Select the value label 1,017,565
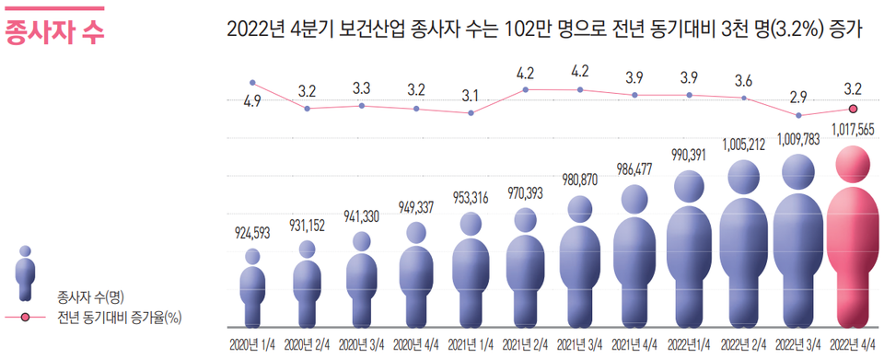tap(853, 129)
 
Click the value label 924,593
tap(251, 232)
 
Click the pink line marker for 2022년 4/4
tap(853, 109)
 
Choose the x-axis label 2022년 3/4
tap(798, 345)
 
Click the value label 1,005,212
tap(744, 145)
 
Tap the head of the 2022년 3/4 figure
tap(798, 169)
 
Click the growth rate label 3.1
tap(471, 95)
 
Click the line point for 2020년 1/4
tap(252, 83)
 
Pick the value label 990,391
tap(689, 154)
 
